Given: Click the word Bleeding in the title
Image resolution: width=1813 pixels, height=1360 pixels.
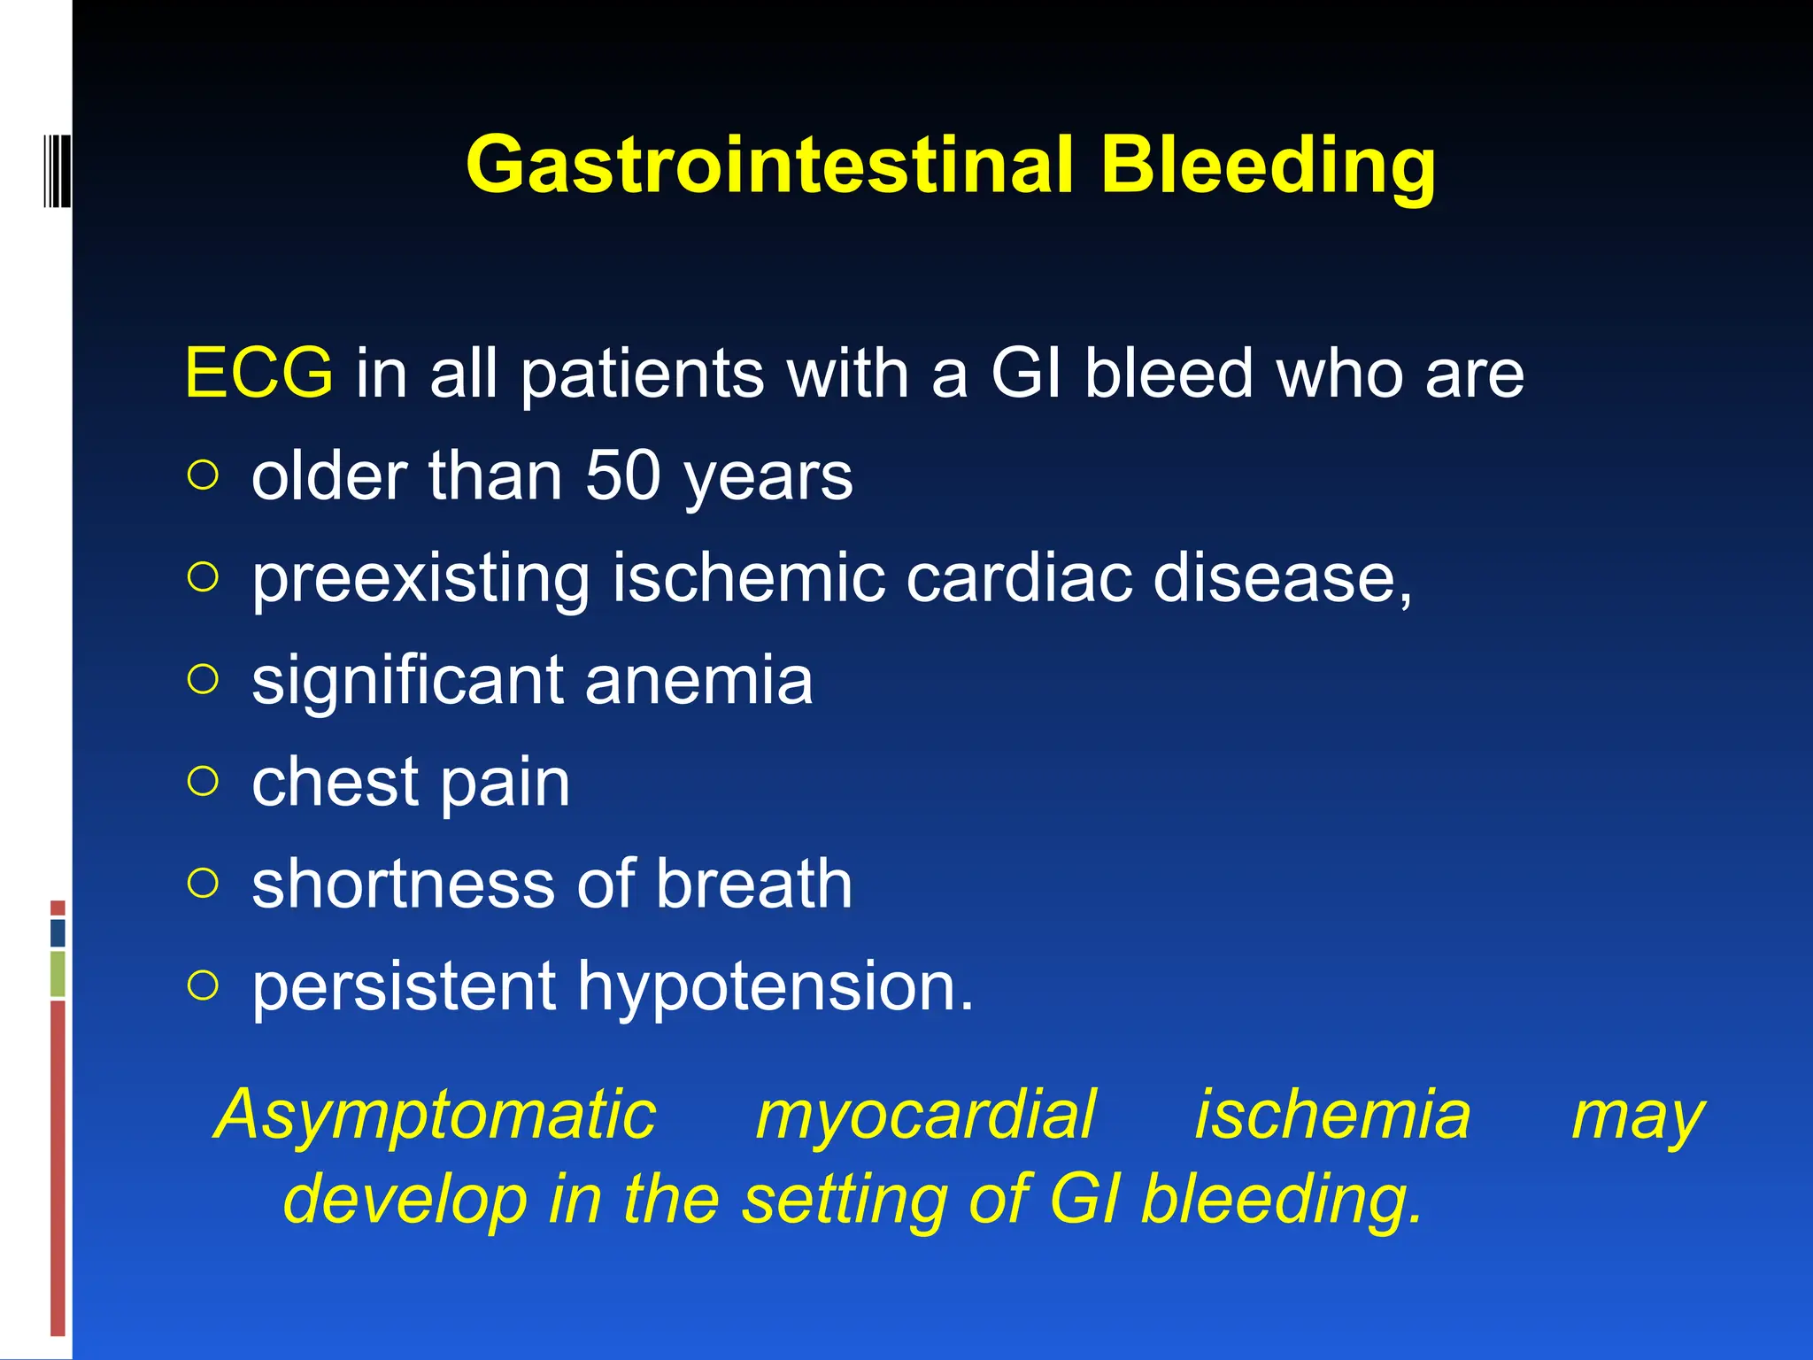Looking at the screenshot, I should coord(1268,166).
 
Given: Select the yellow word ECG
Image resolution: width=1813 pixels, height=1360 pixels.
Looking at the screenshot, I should coord(258,374).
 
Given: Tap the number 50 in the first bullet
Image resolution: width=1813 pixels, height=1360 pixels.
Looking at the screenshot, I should coord(622,476).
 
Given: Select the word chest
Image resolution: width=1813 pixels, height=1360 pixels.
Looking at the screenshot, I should coord(335,783).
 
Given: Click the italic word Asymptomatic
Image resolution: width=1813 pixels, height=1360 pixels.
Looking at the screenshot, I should coord(436,1116).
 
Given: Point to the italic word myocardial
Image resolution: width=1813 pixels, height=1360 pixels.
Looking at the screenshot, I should coord(925,1116).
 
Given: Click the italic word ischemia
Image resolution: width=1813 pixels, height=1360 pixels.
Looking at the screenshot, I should coord(1332,1116).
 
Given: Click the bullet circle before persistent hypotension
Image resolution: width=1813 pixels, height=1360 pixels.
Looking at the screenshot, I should coord(203,985).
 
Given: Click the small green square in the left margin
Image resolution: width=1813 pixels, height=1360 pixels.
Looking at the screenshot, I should coord(58,973).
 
